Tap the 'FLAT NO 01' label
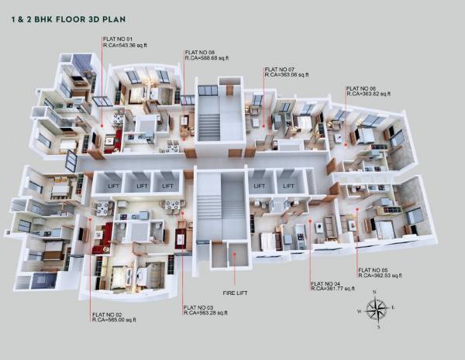(x=119, y=39)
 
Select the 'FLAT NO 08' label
(x=200, y=52)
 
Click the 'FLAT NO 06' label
(x=361, y=89)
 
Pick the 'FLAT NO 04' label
(x=325, y=283)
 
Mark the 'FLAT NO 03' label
(x=199, y=307)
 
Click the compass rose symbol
(x=378, y=308)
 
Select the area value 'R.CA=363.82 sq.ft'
(x=371, y=95)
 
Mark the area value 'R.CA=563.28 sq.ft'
(x=209, y=314)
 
